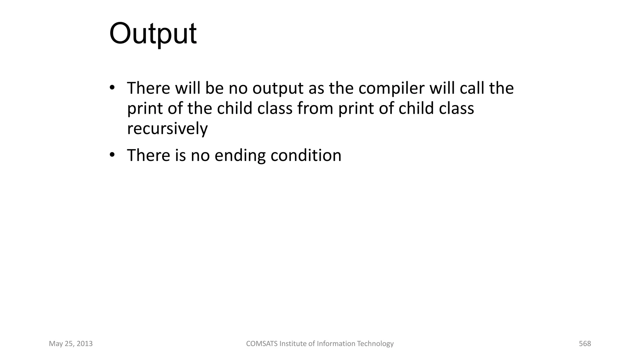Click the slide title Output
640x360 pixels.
click(153, 34)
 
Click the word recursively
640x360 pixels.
click(167, 129)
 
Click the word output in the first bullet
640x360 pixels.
click(278, 89)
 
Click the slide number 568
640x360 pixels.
click(585, 344)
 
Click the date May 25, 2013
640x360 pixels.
click(71, 344)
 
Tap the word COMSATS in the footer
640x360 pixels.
click(262, 344)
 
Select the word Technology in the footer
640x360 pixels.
click(375, 344)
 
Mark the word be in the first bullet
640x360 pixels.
click(214, 88)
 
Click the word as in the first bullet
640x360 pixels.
click(316, 89)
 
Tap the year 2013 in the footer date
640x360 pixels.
click(85, 344)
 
